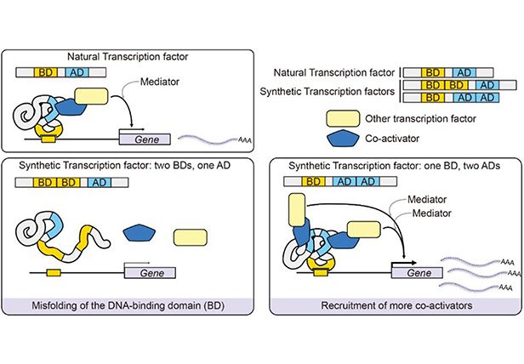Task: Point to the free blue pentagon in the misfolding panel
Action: click(x=140, y=232)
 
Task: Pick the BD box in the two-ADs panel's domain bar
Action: click(x=312, y=182)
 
